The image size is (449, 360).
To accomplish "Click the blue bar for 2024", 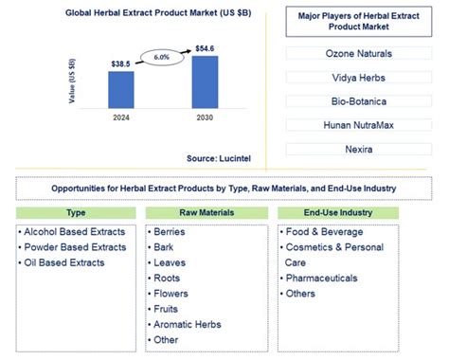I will (120, 89).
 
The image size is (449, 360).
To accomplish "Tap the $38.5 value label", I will (120, 63).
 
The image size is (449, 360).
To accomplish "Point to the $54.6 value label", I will (205, 46).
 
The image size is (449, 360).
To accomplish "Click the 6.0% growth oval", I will (163, 56).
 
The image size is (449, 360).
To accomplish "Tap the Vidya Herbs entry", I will (359, 77).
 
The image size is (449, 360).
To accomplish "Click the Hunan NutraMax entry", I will (359, 125).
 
